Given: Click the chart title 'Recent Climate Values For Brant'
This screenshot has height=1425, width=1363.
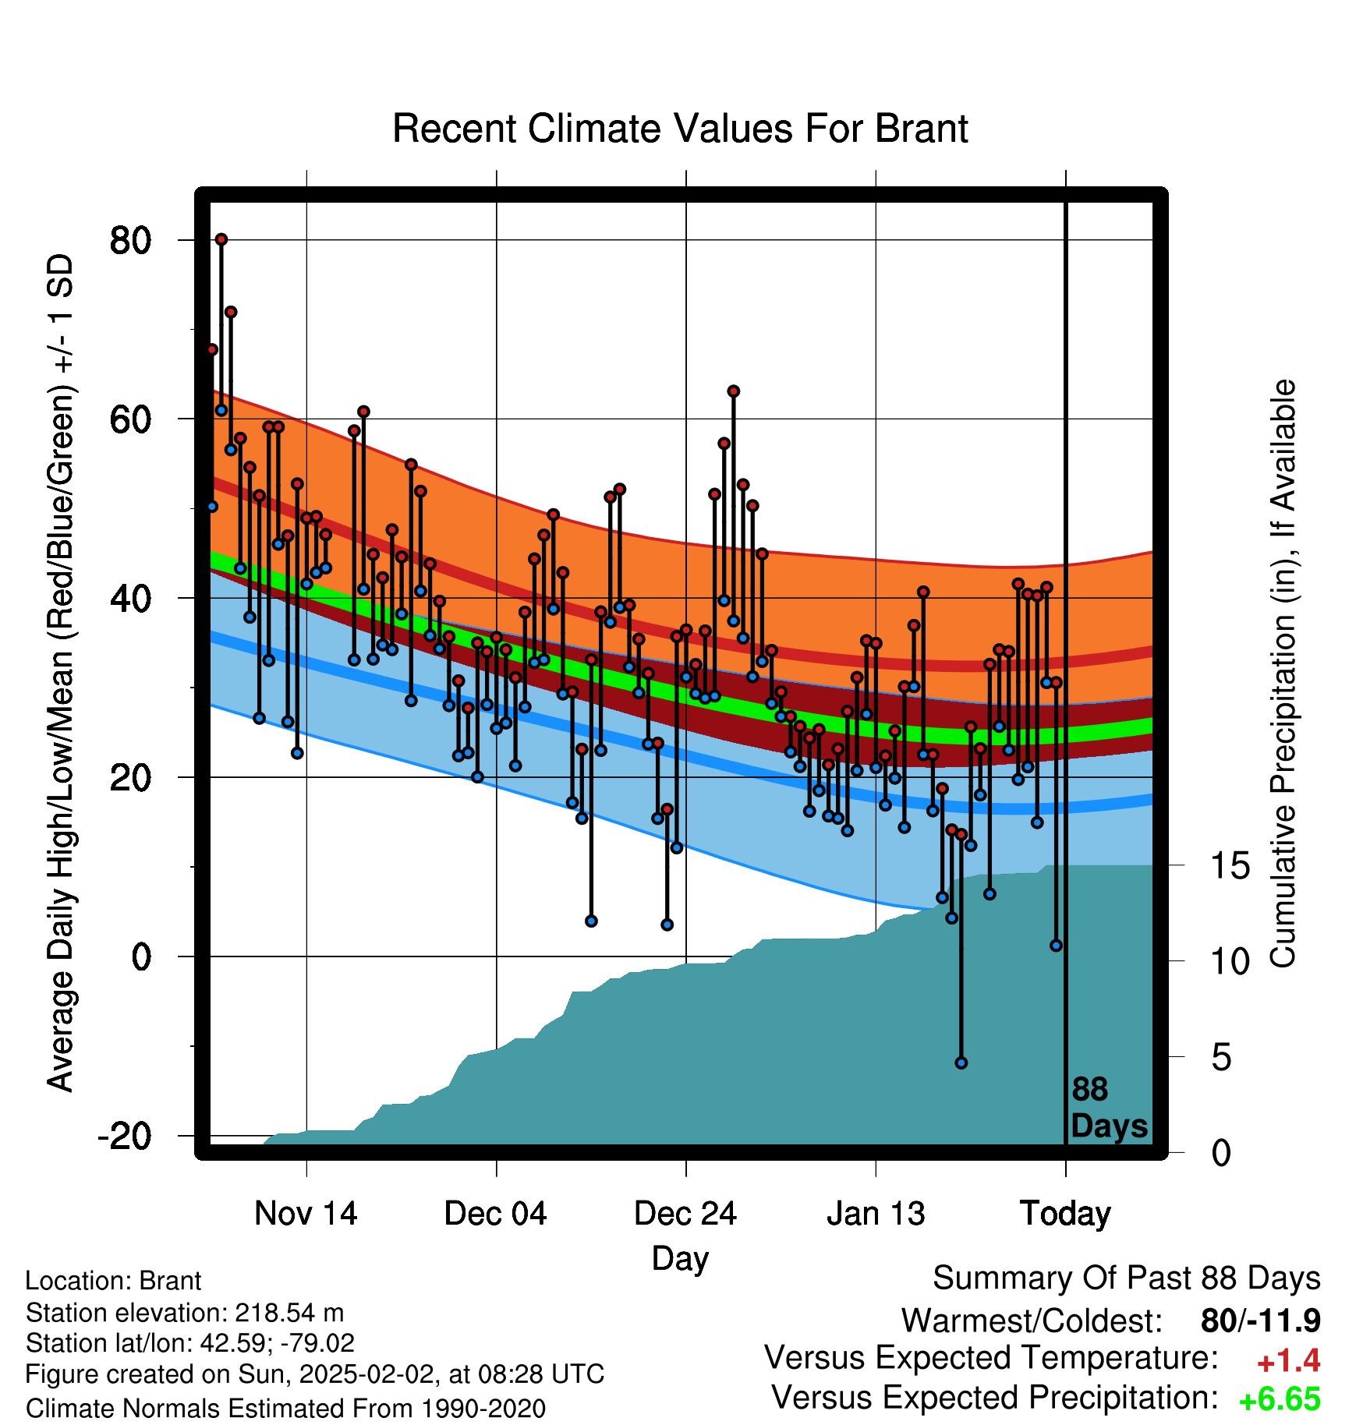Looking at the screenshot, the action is pos(680,129).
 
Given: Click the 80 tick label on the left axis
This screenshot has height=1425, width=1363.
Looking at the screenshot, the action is pos(130,240).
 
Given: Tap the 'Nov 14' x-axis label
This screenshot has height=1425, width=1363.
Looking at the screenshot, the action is pos(306,1214).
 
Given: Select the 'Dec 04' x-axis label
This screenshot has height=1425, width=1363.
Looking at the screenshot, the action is pos(496,1214).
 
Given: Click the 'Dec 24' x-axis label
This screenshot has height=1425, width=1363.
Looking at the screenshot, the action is pos(685,1214).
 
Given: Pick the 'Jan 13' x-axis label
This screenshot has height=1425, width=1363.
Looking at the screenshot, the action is pos(876,1214).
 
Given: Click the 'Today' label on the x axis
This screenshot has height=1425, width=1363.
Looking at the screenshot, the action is pos(1065,1215).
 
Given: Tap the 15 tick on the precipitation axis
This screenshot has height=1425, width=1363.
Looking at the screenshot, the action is pos(1230,866).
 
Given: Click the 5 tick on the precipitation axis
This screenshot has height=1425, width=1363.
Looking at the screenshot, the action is pos(1222,1058).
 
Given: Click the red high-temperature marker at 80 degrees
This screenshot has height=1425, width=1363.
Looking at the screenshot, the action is pos(221,239).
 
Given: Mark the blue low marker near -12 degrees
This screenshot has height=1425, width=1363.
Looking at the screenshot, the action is pos(961,1063).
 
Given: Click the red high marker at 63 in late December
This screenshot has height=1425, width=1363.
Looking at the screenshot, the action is pos(734,391).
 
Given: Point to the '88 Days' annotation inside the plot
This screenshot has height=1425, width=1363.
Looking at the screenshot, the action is pos(1109,1108).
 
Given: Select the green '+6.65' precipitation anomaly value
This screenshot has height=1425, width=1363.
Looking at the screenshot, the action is pos(1280,1400).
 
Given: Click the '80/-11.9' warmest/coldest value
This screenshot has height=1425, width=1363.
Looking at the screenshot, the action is pos(1261,1321).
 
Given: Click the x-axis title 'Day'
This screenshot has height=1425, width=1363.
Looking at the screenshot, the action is pos(680,1259).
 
